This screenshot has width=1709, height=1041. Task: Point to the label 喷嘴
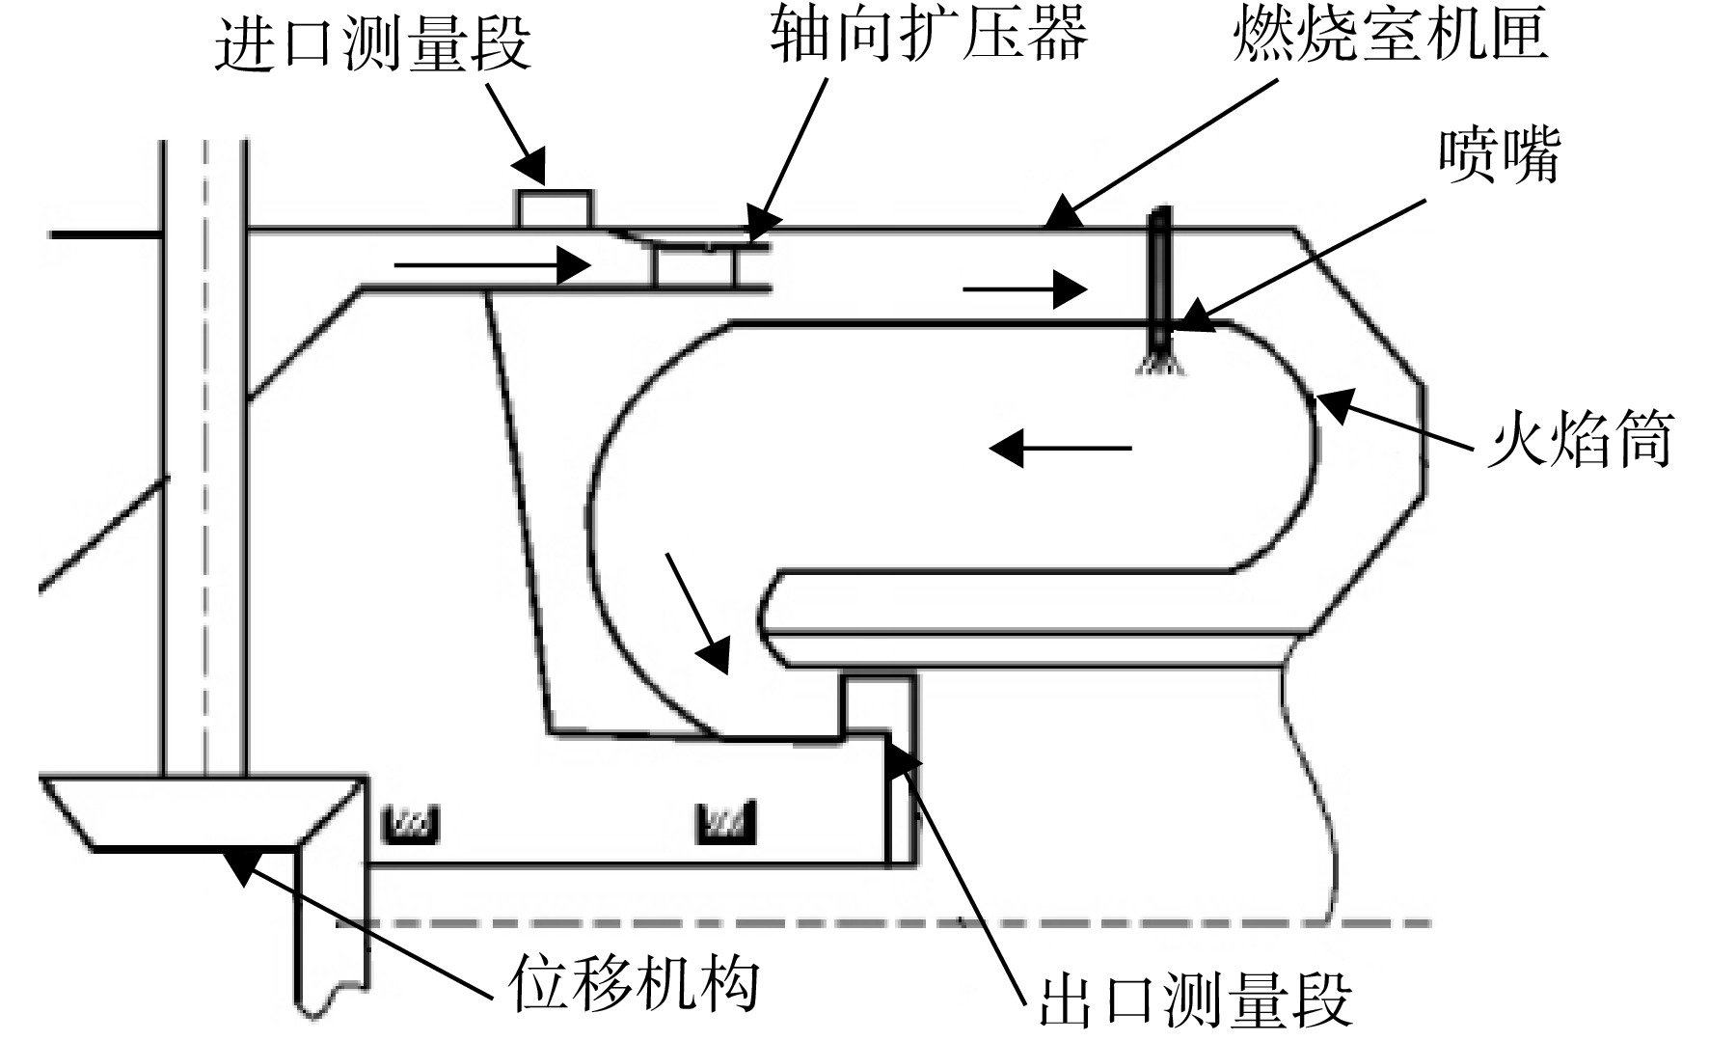pos(1499,154)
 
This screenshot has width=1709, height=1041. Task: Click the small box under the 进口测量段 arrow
pos(556,209)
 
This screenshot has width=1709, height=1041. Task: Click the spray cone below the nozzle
pos(1161,364)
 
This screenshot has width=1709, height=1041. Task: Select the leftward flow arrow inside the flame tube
pos(1060,448)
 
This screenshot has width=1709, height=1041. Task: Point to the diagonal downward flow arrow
pos(697,613)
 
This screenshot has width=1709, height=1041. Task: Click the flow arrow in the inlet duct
pos(493,263)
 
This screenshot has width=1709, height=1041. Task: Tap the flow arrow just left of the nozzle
pos(1025,288)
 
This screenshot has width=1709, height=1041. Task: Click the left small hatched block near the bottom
pos(412,823)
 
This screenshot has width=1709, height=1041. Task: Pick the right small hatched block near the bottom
pos(725,823)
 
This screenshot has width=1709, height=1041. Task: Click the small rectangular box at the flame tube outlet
pos(878,704)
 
